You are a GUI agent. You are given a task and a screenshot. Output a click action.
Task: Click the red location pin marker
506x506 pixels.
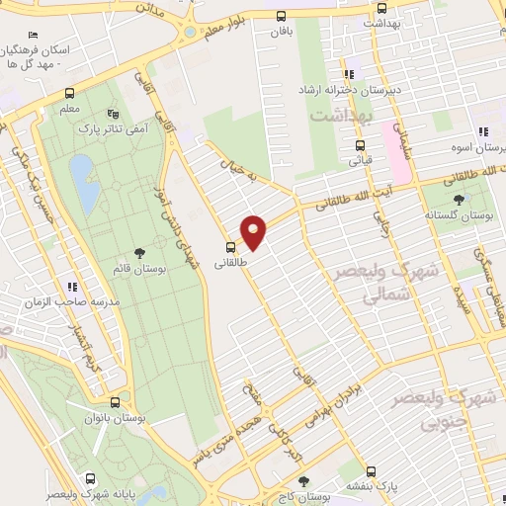[255, 231]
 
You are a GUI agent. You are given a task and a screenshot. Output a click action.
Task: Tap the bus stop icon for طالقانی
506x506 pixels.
[230, 247]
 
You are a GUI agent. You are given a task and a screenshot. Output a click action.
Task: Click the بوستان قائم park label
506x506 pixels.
[136, 267]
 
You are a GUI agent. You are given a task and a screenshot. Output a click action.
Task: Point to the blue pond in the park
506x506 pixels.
[83, 184]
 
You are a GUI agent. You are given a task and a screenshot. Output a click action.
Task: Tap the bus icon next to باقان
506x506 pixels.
[281, 16]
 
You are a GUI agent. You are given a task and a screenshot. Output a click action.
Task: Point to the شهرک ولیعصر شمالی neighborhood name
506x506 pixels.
[374, 283]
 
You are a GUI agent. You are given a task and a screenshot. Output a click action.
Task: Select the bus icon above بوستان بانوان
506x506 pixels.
[117, 402]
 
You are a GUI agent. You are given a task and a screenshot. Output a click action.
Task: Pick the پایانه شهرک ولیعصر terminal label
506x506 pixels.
[83, 493]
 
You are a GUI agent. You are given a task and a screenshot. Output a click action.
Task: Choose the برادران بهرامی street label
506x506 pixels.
[333, 399]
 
